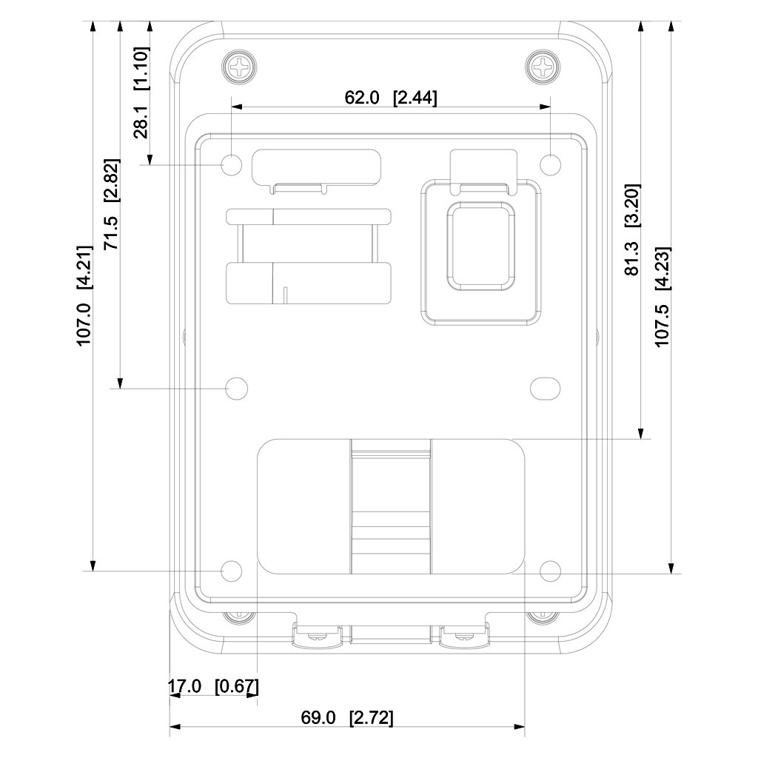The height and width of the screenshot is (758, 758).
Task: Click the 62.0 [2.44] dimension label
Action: tap(391, 98)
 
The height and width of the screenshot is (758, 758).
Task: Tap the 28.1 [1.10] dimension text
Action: tap(141, 93)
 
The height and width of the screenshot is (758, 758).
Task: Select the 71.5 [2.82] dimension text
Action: tap(112, 204)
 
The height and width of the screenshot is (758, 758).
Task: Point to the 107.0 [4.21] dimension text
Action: tap(84, 295)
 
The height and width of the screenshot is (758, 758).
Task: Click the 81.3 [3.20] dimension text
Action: tap(632, 229)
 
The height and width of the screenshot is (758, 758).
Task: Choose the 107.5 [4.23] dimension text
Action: tap(663, 297)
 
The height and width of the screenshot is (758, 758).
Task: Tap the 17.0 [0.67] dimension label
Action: tap(213, 686)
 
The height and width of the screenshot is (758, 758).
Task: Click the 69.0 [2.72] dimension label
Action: tap(347, 717)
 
